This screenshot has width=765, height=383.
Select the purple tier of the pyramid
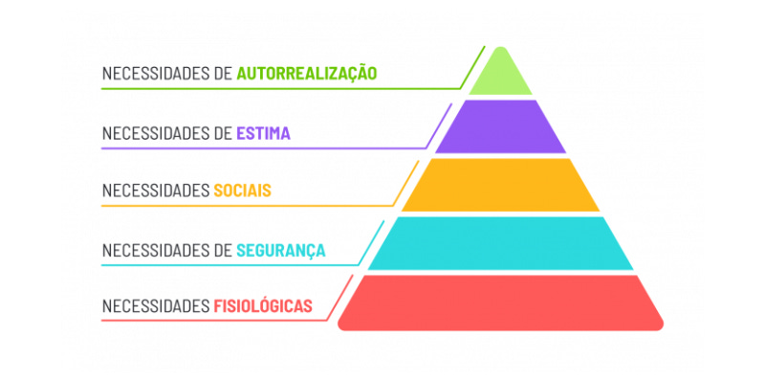[x=500, y=127]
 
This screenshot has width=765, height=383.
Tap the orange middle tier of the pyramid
[x=500, y=185]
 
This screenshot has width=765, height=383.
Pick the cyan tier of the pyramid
[x=500, y=243]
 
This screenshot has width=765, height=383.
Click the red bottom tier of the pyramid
[x=500, y=302]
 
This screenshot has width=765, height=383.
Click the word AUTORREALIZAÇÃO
[x=306, y=74]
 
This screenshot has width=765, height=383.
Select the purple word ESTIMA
[x=263, y=133]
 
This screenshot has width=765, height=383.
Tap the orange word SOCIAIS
[x=243, y=191]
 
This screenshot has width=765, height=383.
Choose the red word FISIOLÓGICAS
[x=263, y=307]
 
